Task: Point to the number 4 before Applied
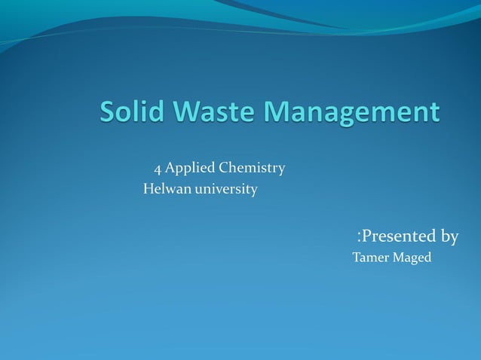(x=158, y=168)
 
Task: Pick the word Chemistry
(x=251, y=168)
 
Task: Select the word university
(x=226, y=189)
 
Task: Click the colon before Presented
(x=359, y=237)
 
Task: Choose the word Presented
(x=399, y=236)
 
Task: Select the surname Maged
(x=412, y=258)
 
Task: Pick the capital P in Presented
(x=367, y=236)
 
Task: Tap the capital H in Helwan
(x=148, y=189)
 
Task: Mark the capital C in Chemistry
(x=223, y=167)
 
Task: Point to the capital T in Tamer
(x=356, y=258)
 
